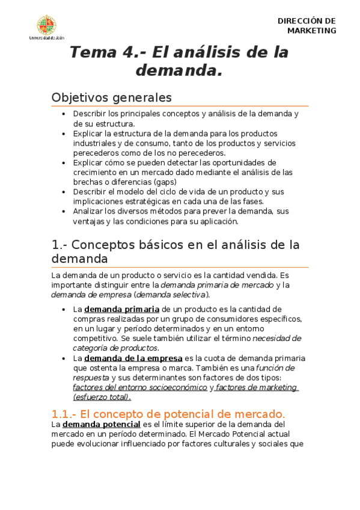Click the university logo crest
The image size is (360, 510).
click(47, 25)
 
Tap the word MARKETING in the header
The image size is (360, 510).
click(311, 31)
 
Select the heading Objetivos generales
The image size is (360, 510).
click(112, 97)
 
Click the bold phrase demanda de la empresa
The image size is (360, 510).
click(133, 358)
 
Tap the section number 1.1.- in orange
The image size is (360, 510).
click(64, 414)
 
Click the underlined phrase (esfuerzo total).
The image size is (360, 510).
click(102, 397)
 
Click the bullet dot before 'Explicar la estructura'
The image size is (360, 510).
click(64, 134)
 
